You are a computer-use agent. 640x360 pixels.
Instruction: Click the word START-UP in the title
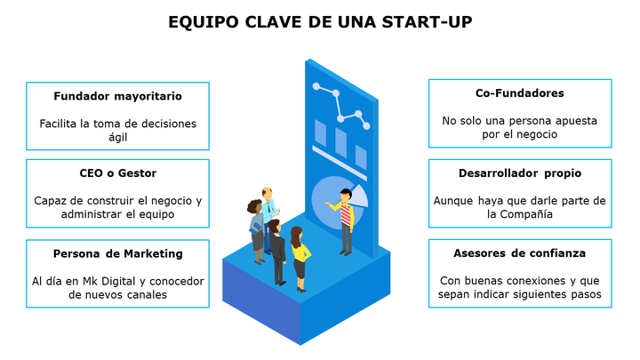pos(427,22)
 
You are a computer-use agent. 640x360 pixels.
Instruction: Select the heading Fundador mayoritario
pos(117,96)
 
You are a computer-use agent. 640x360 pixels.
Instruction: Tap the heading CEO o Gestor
pos(117,173)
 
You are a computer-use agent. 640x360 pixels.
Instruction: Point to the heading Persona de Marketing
pos(117,253)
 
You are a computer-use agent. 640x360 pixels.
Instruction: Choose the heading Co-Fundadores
pos(520,93)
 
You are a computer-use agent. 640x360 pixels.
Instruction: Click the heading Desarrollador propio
pos(520,173)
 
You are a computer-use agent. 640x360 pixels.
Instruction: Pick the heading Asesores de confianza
pos(520,253)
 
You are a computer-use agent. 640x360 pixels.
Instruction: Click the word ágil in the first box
pos(117,137)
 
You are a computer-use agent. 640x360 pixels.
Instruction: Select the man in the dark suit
pos(277,252)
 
